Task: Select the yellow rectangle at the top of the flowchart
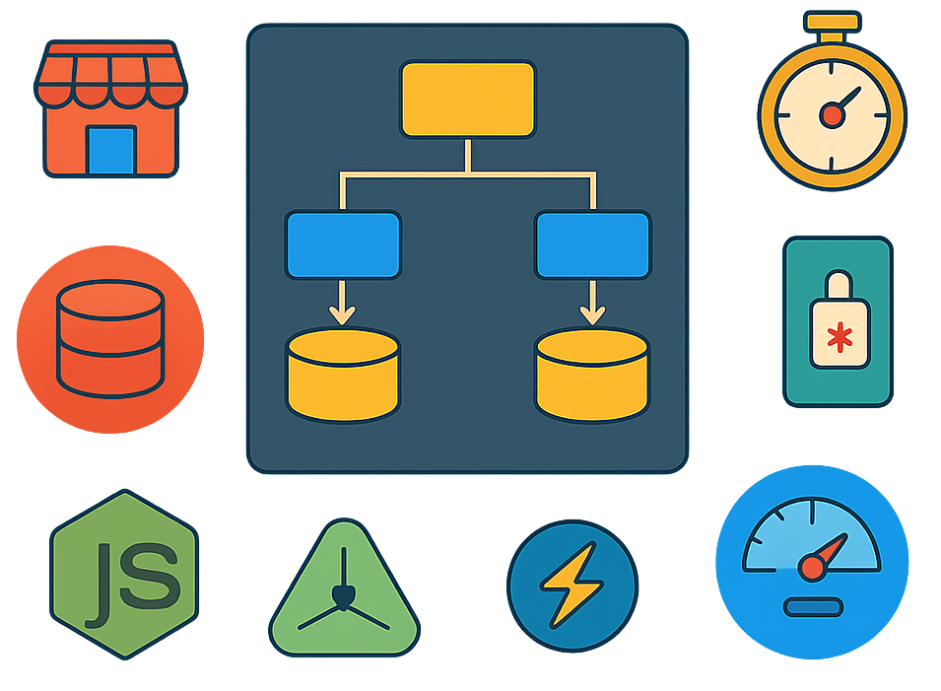click(x=468, y=99)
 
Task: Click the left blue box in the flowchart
click(x=343, y=244)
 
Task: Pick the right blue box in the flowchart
click(x=592, y=244)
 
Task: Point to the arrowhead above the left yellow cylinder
click(x=343, y=315)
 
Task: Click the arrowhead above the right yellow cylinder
click(x=592, y=315)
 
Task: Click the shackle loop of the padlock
click(x=839, y=289)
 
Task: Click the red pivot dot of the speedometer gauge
click(x=811, y=567)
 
